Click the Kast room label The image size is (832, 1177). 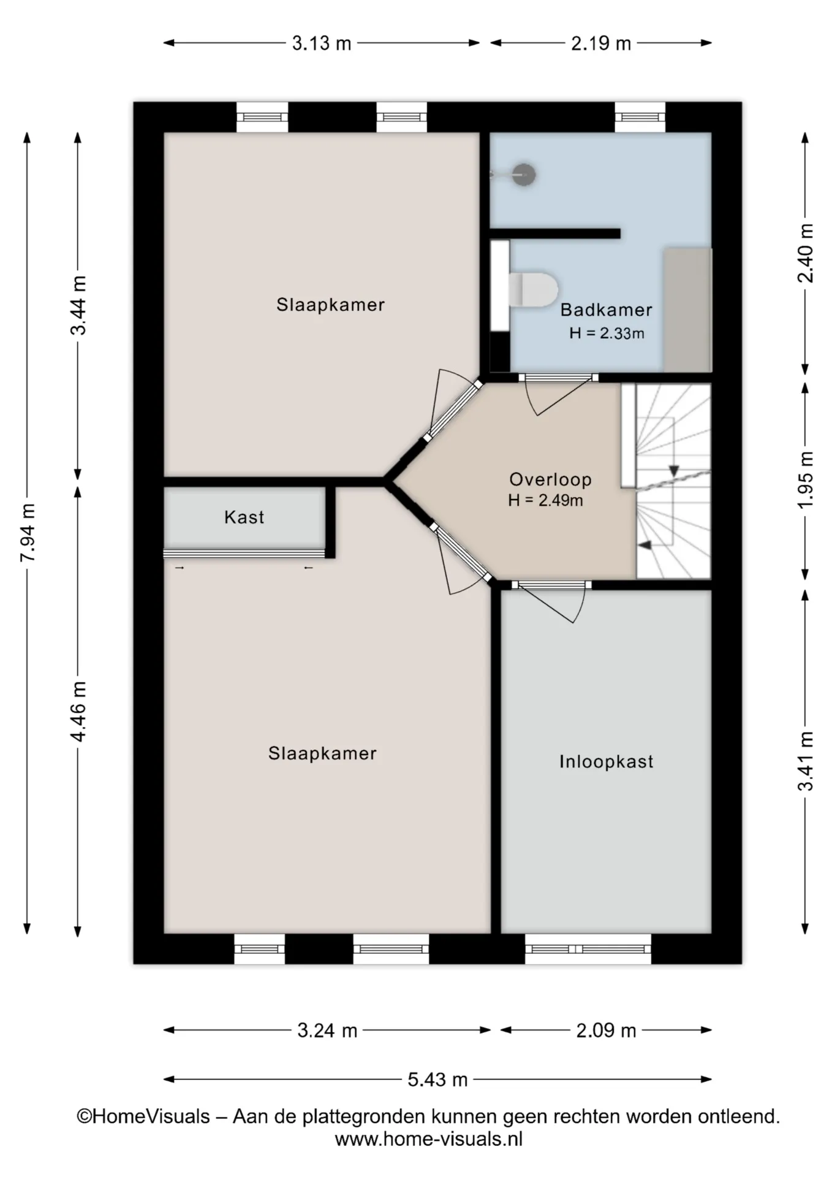(x=244, y=517)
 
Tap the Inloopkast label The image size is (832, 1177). (x=606, y=761)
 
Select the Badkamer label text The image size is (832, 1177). (x=606, y=310)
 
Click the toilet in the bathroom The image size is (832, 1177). (x=533, y=289)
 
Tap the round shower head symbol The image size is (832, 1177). (x=524, y=175)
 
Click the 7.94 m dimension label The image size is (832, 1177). (x=28, y=533)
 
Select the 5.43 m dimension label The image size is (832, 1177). (x=437, y=1079)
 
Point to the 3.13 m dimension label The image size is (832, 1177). (x=322, y=44)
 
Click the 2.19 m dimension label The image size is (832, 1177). (x=601, y=44)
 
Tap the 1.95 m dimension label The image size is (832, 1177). (x=806, y=479)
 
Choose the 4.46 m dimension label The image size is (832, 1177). (x=78, y=711)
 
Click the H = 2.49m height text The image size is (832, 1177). (x=545, y=500)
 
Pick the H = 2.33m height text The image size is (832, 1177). (x=607, y=333)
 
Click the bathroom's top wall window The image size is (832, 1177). (x=640, y=117)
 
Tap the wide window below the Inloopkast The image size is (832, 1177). (x=588, y=949)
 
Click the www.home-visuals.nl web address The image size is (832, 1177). (x=428, y=1139)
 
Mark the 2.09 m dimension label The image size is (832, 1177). (x=606, y=1030)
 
